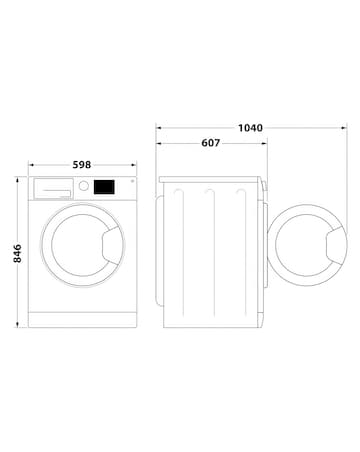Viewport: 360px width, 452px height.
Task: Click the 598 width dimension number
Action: click(x=82, y=165)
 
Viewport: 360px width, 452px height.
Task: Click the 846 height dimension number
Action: click(x=13, y=253)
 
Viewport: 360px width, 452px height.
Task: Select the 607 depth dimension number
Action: click(x=210, y=144)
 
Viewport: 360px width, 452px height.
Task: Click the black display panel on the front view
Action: click(x=104, y=186)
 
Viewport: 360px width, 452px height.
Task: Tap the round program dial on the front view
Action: click(x=85, y=186)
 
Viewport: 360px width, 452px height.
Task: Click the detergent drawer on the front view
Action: click(x=53, y=187)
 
